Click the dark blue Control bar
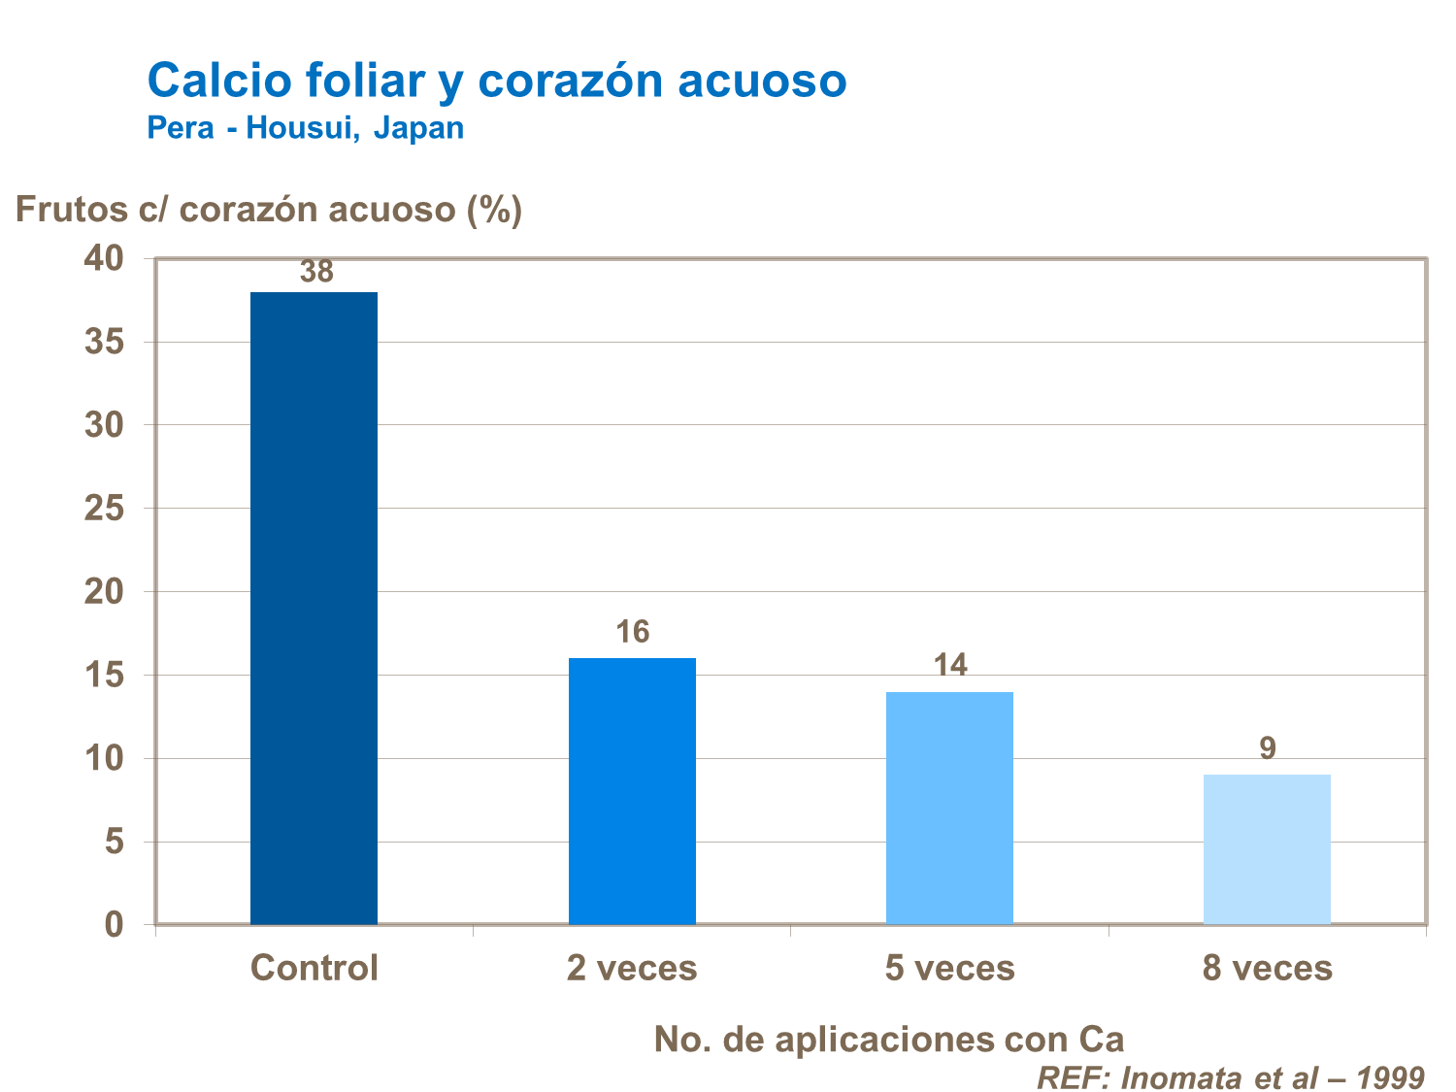tap(314, 608)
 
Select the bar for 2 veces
tap(632, 790)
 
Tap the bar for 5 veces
tap(949, 807)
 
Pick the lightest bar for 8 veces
tap(1267, 848)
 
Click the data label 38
tap(316, 273)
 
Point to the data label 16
tap(632, 633)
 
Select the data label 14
tap(950, 666)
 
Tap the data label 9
tap(1267, 748)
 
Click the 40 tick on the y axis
tap(104, 258)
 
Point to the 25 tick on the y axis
tap(104, 508)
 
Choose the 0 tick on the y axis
tap(115, 924)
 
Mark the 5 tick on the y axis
tap(115, 841)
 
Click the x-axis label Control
tap(314, 968)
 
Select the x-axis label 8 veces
tap(1267, 968)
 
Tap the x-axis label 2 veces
tap(632, 968)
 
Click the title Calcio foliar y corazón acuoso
tap(496, 81)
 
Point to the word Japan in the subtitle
tap(418, 128)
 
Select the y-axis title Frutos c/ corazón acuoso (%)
tap(269, 209)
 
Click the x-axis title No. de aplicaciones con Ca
tap(889, 1039)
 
